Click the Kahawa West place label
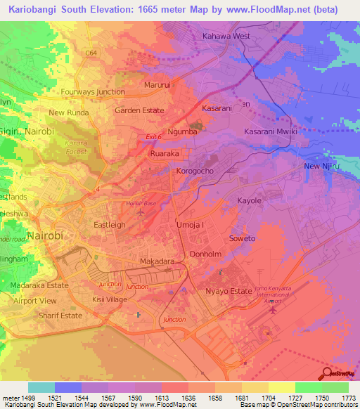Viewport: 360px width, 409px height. [x=226, y=36]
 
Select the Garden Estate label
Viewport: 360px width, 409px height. [x=139, y=110]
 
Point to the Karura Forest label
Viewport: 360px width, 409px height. [x=69, y=145]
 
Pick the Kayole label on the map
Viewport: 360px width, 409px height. [x=249, y=201]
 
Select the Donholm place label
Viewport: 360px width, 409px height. [x=206, y=254]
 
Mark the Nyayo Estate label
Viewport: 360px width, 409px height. [x=229, y=291]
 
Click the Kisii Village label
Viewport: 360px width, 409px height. [x=109, y=300]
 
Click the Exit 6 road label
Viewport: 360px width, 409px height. [x=154, y=136]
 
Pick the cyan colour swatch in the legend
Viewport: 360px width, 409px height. [x=41, y=387]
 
